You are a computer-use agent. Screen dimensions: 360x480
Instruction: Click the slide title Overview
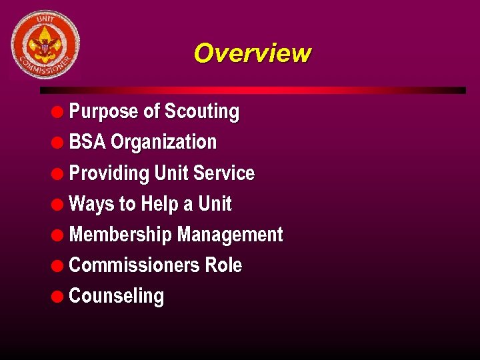coord(252,53)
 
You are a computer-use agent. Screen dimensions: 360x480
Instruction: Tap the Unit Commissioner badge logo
coord(45,45)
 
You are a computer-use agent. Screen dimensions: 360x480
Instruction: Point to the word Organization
coord(163,143)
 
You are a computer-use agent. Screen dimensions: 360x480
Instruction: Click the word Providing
coord(109,173)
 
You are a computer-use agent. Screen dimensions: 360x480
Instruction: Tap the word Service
coord(224,173)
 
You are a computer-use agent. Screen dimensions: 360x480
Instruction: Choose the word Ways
coord(92,204)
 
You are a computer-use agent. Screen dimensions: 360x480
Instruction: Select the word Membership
coord(121,235)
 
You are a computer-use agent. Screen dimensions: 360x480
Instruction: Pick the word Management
coord(230,235)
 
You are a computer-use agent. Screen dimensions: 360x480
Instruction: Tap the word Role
coord(223,265)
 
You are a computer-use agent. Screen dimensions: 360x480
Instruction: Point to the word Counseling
coord(116,296)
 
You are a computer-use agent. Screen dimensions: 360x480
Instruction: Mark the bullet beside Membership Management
coord(59,235)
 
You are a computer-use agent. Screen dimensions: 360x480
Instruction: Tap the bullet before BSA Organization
coord(59,143)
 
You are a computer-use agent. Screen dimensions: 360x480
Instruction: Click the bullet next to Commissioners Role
coord(59,266)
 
